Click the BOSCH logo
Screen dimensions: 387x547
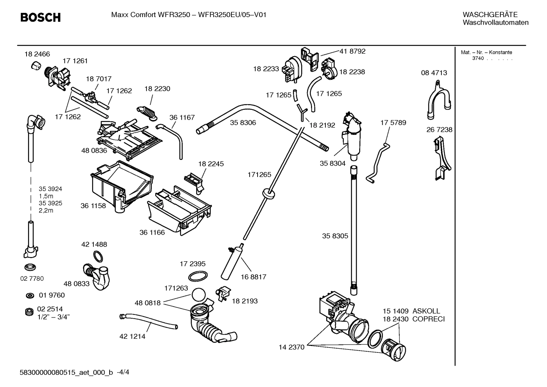pos(40,17)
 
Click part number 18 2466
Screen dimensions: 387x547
pos(37,54)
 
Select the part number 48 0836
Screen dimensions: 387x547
pos(94,150)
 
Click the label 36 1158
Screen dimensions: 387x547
pos(93,206)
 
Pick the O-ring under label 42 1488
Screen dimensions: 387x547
pos(98,256)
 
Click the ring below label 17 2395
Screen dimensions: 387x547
pos(198,276)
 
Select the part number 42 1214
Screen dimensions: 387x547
pos(132,336)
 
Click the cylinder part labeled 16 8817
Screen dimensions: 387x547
pos(232,262)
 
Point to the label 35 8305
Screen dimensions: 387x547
pos(335,236)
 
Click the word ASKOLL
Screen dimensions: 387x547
pos(426,311)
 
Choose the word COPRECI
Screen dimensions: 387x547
pos(428,319)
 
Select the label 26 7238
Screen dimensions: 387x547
pos(439,130)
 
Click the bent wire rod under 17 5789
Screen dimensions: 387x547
pos(379,162)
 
